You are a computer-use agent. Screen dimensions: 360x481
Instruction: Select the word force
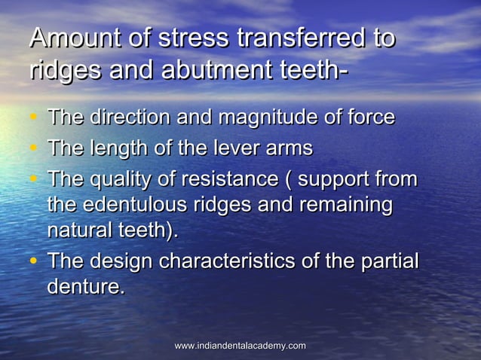370,117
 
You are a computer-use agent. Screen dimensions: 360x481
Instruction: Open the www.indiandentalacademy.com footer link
240,346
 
